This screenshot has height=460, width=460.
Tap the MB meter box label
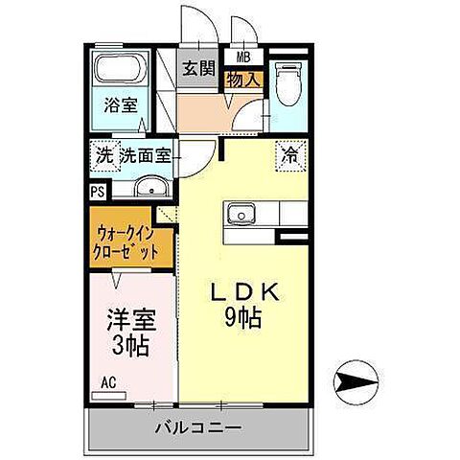pos(231,57)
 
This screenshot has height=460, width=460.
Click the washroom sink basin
pos(149,187)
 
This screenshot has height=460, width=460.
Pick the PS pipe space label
pos(98,191)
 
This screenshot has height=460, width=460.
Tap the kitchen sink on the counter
pos(241,212)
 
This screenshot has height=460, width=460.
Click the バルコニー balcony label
pos(199,427)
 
